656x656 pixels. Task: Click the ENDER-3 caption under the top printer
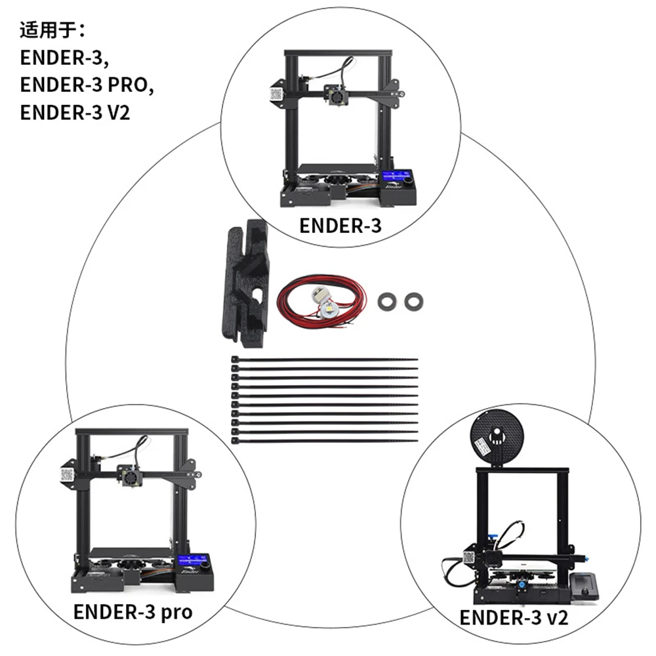pyautogui.click(x=340, y=226)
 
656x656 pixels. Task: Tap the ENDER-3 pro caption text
pyautogui.click(x=133, y=611)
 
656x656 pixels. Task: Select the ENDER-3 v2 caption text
pyautogui.click(x=514, y=617)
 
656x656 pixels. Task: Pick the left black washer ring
pyautogui.click(x=387, y=301)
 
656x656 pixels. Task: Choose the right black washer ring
pyautogui.click(x=414, y=301)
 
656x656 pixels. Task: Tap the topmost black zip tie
pyautogui.click(x=325, y=359)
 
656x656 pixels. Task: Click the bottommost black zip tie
pyautogui.click(x=325, y=441)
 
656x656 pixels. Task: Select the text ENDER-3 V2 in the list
pyautogui.click(x=75, y=112)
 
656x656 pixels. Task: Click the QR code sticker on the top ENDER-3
pyautogui.click(x=276, y=94)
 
